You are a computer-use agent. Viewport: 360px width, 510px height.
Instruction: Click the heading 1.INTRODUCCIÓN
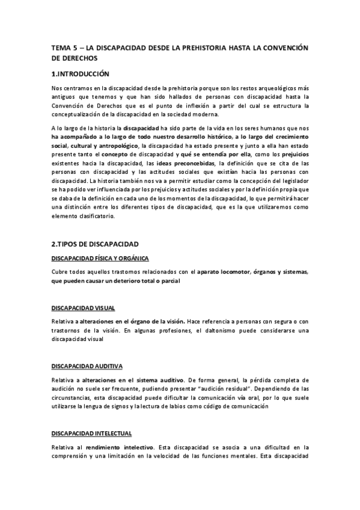[81, 75]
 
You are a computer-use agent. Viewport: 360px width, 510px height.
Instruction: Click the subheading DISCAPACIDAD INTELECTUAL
[91, 432]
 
